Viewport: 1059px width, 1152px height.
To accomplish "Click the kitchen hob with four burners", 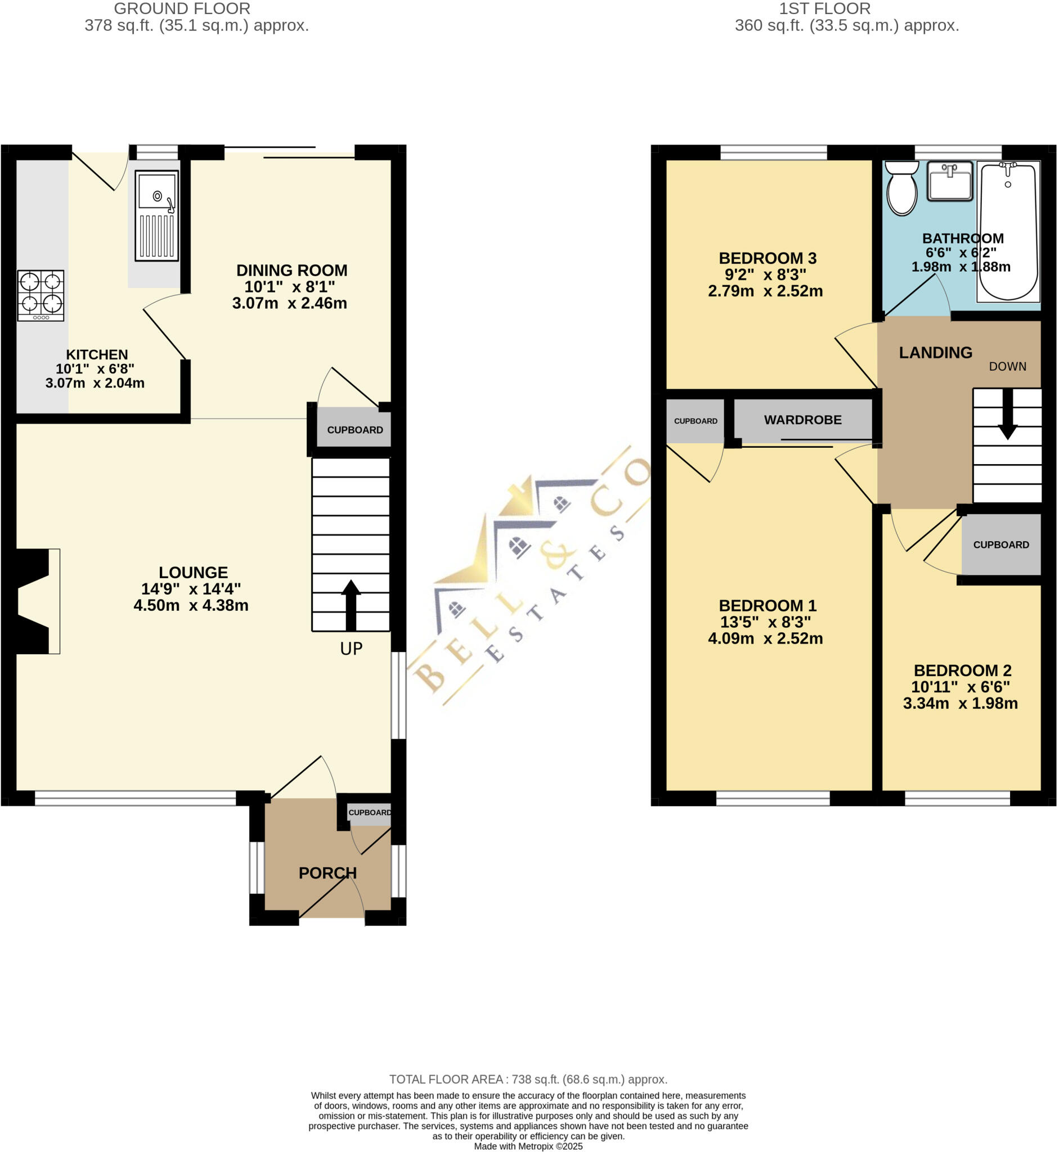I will point(41,295).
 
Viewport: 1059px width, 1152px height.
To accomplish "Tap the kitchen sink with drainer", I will point(156,215).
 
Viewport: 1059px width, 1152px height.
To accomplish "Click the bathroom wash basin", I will point(950,181).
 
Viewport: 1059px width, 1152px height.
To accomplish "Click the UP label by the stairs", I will point(351,649).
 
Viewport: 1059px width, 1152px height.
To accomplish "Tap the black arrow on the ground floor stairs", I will point(351,605).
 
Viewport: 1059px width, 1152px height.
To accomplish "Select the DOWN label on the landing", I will point(1007,367).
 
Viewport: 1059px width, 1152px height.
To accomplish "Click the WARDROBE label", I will point(803,420).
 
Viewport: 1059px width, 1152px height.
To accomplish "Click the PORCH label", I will point(328,873).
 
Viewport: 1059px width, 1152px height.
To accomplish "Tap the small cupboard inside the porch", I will point(370,813).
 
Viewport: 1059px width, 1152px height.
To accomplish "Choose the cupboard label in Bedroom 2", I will point(1001,544).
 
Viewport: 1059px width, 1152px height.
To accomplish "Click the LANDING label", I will point(935,353).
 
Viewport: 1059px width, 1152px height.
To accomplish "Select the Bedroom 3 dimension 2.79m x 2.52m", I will point(765,291).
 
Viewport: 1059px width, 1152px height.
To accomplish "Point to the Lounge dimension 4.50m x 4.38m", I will point(191,605).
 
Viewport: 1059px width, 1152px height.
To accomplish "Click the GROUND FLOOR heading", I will point(182,9).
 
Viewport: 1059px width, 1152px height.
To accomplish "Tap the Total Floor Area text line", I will point(528,1079).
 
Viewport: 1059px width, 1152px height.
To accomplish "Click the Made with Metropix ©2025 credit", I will point(528,1146).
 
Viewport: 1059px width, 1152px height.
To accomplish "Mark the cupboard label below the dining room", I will point(355,430).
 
